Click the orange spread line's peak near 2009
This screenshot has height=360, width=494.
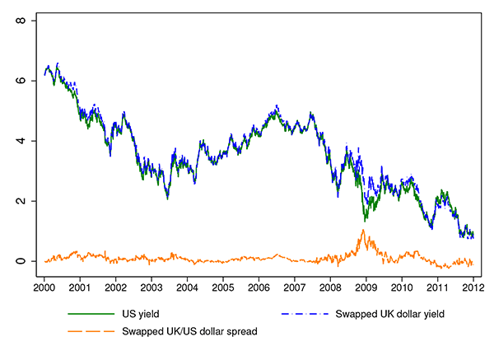pyautogui.click(x=363, y=231)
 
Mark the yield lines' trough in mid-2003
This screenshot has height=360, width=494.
pyautogui.click(x=167, y=198)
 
